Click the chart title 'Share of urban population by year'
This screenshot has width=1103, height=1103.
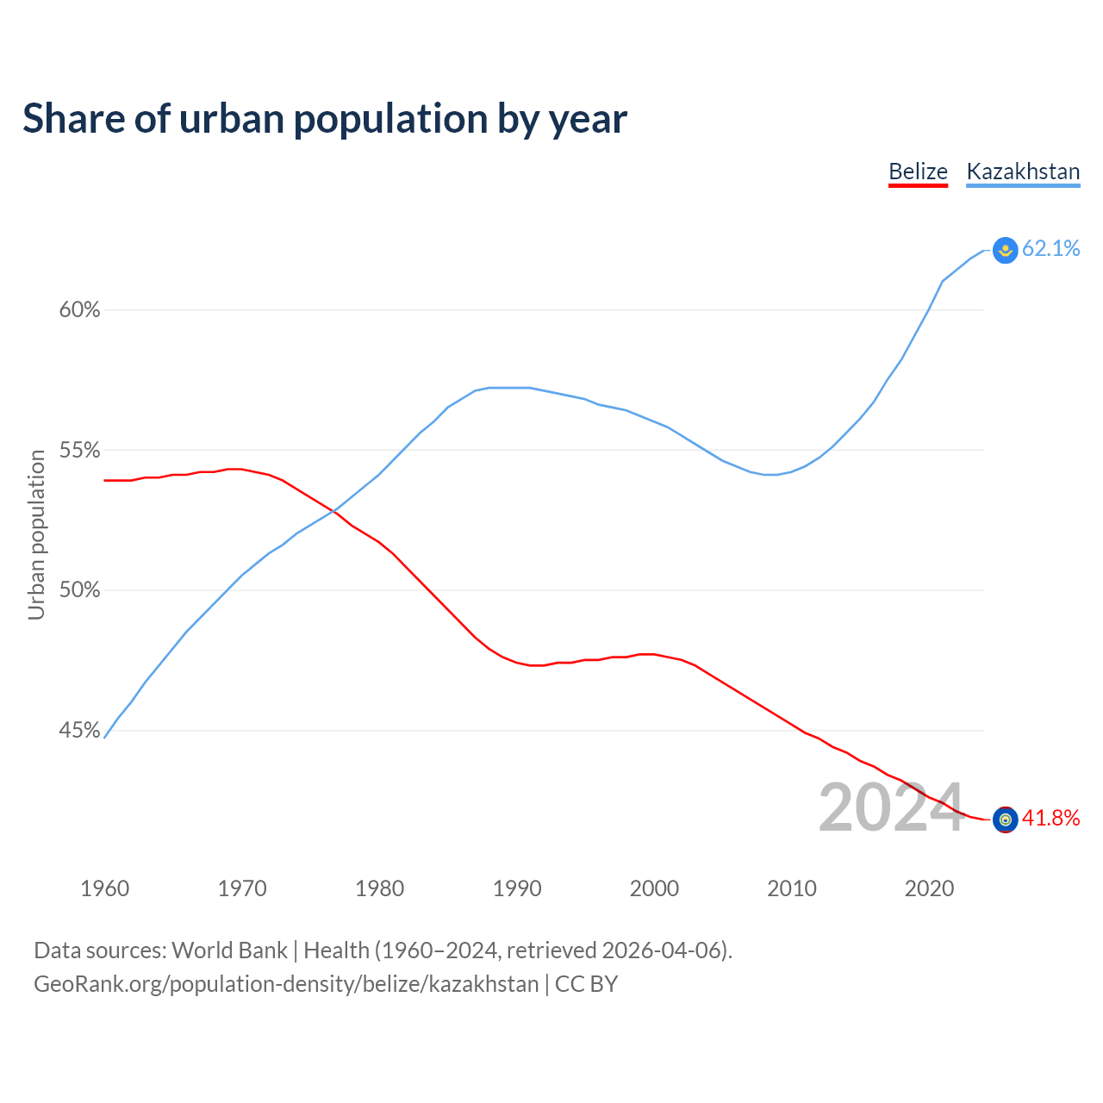click(x=325, y=119)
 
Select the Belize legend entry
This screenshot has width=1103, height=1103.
click(x=918, y=171)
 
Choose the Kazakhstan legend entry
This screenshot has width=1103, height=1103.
click(x=1023, y=171)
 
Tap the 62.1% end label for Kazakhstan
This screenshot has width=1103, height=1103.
click(x=1050, y=249)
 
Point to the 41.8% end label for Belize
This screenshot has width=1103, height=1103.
click(x=1050, y=819)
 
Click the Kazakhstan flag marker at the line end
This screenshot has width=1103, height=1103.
click(x=1005, y=250)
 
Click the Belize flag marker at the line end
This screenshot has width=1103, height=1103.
click(x=1005, y=819)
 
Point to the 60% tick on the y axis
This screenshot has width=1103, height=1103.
click(x=79, y=310)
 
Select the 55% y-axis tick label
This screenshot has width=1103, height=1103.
click(x=79, y=451)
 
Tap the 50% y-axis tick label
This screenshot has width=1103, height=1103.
click(x=79, y=590)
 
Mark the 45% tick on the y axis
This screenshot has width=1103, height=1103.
click(x=79, y=731)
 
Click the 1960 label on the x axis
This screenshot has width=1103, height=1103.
click(x=105, y=888)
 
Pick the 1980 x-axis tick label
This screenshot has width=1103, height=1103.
click(x=380, y=888)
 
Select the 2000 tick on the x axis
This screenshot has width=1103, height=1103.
click(x=655, y=888)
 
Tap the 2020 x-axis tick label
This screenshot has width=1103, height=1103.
click(x=929, y=888)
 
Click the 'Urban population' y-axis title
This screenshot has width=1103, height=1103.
click(x=36, y=534)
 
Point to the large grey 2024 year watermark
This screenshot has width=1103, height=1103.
click(x=890, y=807)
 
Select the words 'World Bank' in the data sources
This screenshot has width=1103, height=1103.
click(x=229, y=950)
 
